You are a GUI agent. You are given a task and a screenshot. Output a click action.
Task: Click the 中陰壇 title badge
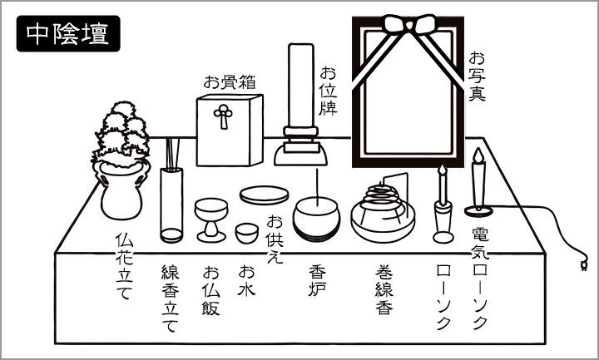point(68,33)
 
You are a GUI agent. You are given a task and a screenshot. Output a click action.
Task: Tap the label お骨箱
point(230,82)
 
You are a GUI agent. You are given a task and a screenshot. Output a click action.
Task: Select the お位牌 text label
point(328,91)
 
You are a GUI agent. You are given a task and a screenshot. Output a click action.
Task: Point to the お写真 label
point(478,76)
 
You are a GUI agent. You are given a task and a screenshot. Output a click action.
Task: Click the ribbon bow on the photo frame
point(409,24)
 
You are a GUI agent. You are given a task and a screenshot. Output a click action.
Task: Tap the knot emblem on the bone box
point(223,116)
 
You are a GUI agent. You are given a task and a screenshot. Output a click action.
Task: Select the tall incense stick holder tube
point(171,205)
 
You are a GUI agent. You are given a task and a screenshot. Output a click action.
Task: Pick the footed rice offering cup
point(211,220)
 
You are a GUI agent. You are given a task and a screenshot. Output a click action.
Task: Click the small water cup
point(247,233)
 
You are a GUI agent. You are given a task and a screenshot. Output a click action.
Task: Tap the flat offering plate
point(264,195)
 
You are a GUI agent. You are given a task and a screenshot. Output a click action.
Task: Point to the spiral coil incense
point(382,200)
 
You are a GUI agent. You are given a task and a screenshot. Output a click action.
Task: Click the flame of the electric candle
point(478,155)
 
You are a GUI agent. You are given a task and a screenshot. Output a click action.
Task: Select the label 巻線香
point(384,290)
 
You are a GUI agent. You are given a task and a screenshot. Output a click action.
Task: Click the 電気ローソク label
point(480,279)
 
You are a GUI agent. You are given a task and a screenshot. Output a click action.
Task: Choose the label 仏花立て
point(124,266)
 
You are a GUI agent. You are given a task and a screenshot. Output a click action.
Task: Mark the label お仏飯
point(211,290)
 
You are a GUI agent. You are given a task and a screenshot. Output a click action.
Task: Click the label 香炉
point(318,281)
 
